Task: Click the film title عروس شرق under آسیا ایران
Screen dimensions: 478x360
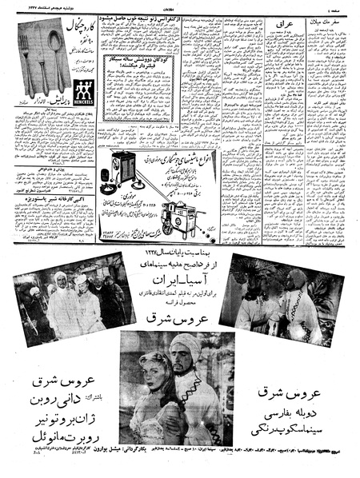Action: (x=179, y=318)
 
